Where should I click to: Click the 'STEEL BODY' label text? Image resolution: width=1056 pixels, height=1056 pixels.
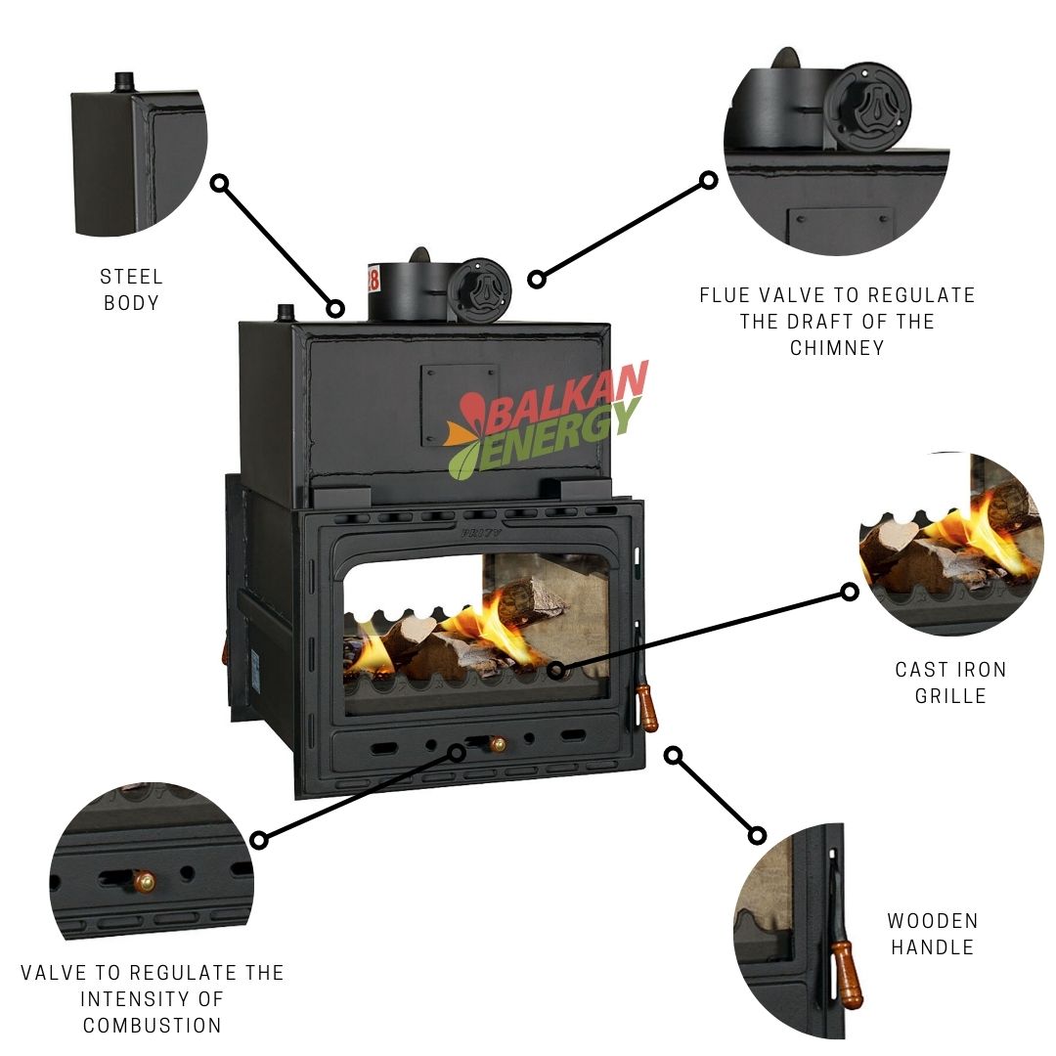click(x=131, y=290)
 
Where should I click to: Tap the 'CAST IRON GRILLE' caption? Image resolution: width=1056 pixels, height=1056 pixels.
click(x=950, y=682)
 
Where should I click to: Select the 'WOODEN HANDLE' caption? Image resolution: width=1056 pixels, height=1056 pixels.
click(x=932, y=934)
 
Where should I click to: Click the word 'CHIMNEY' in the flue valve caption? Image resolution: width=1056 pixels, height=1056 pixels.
click(x=837, y=347)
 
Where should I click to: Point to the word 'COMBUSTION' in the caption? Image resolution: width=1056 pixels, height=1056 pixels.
click(x=153, y=1026)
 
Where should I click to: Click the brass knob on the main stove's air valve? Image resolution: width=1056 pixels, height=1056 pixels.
click(x=498, y=744)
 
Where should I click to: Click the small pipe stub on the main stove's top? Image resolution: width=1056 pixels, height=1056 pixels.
click(x=286, y=313)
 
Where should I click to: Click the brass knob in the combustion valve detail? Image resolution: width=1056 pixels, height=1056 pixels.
click(x=144, y=882)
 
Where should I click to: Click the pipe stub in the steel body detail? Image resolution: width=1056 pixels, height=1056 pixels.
click(x=123, y=82)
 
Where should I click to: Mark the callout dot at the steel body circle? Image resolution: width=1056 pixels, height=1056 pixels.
click(x=220, y=183)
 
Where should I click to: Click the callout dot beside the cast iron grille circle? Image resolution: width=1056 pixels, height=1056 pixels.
click(x=850, y=592)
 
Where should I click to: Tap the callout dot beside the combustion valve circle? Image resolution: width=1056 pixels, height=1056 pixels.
click(x=259, y=840)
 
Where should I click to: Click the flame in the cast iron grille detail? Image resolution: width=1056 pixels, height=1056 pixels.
click(x=978, y=533)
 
